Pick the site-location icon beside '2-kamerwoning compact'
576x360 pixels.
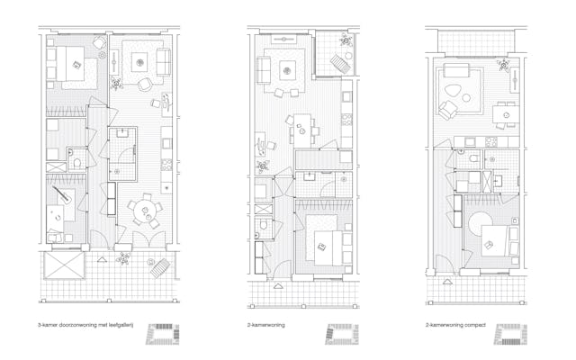[510, 334]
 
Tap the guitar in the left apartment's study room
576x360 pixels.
[64, 195]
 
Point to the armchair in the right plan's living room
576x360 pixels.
[445, 109]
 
